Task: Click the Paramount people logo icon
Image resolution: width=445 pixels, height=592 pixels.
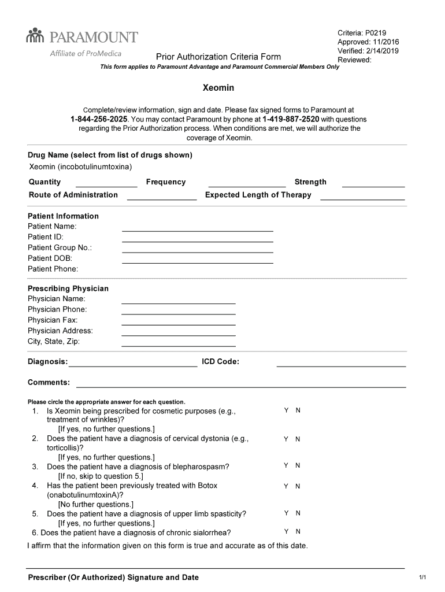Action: [35, 36]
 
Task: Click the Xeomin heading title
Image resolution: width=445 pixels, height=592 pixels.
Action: [218, 88]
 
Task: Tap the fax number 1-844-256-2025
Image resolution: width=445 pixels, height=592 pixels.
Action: [99, 119]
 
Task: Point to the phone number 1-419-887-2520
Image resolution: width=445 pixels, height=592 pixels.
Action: [291, 119]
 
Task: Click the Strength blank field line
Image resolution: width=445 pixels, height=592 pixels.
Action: [373, 186]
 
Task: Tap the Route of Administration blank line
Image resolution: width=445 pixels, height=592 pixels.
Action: [162, 198]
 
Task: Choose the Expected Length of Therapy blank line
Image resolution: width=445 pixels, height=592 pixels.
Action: [362, 198]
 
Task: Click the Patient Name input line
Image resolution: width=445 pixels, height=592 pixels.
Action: [197, 230]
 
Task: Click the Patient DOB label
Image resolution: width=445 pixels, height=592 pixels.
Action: [50, 258]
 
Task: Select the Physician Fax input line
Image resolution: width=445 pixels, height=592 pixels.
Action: [178, 324]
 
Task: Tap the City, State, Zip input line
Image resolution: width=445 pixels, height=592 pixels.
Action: [178, 345]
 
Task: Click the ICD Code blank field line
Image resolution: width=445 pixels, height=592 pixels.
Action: [341, 365]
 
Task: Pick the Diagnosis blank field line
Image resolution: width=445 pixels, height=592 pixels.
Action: [132, 365]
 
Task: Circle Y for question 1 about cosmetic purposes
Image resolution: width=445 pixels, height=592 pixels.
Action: [286, 410]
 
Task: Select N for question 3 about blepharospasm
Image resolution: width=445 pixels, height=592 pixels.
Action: [298, 466]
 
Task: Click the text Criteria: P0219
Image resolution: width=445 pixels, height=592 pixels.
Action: [361, 33]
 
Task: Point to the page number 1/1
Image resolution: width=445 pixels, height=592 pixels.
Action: [422, 578]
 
